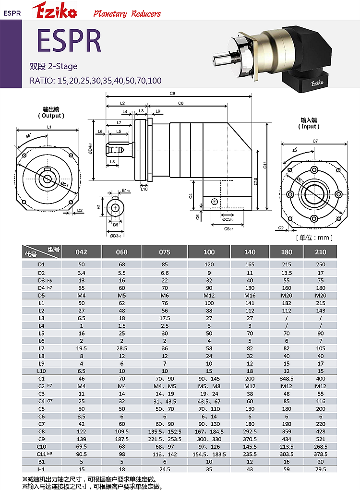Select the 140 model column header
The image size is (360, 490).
click(x=250, y=252)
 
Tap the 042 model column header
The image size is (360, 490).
click(x=82, y=252)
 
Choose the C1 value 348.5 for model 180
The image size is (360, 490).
click(x=286, y=378)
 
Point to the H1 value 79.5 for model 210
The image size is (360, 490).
click(x=321, y=469)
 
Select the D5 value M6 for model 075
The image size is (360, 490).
click(x=165, y=295)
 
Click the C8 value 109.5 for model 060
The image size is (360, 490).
click(x=121, y=431)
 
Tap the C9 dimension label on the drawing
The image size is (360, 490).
click(x=172, y=94)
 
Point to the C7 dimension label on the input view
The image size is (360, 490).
click(x=315, y=141)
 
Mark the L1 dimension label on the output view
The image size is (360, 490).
click(x=49, y=127)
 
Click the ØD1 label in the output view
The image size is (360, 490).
click(x=64, y=184)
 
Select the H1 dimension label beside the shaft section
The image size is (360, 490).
click(x=99, y=207)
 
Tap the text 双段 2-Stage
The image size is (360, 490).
click(x=53, y=66)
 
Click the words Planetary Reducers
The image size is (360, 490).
click(x=127, y=13)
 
